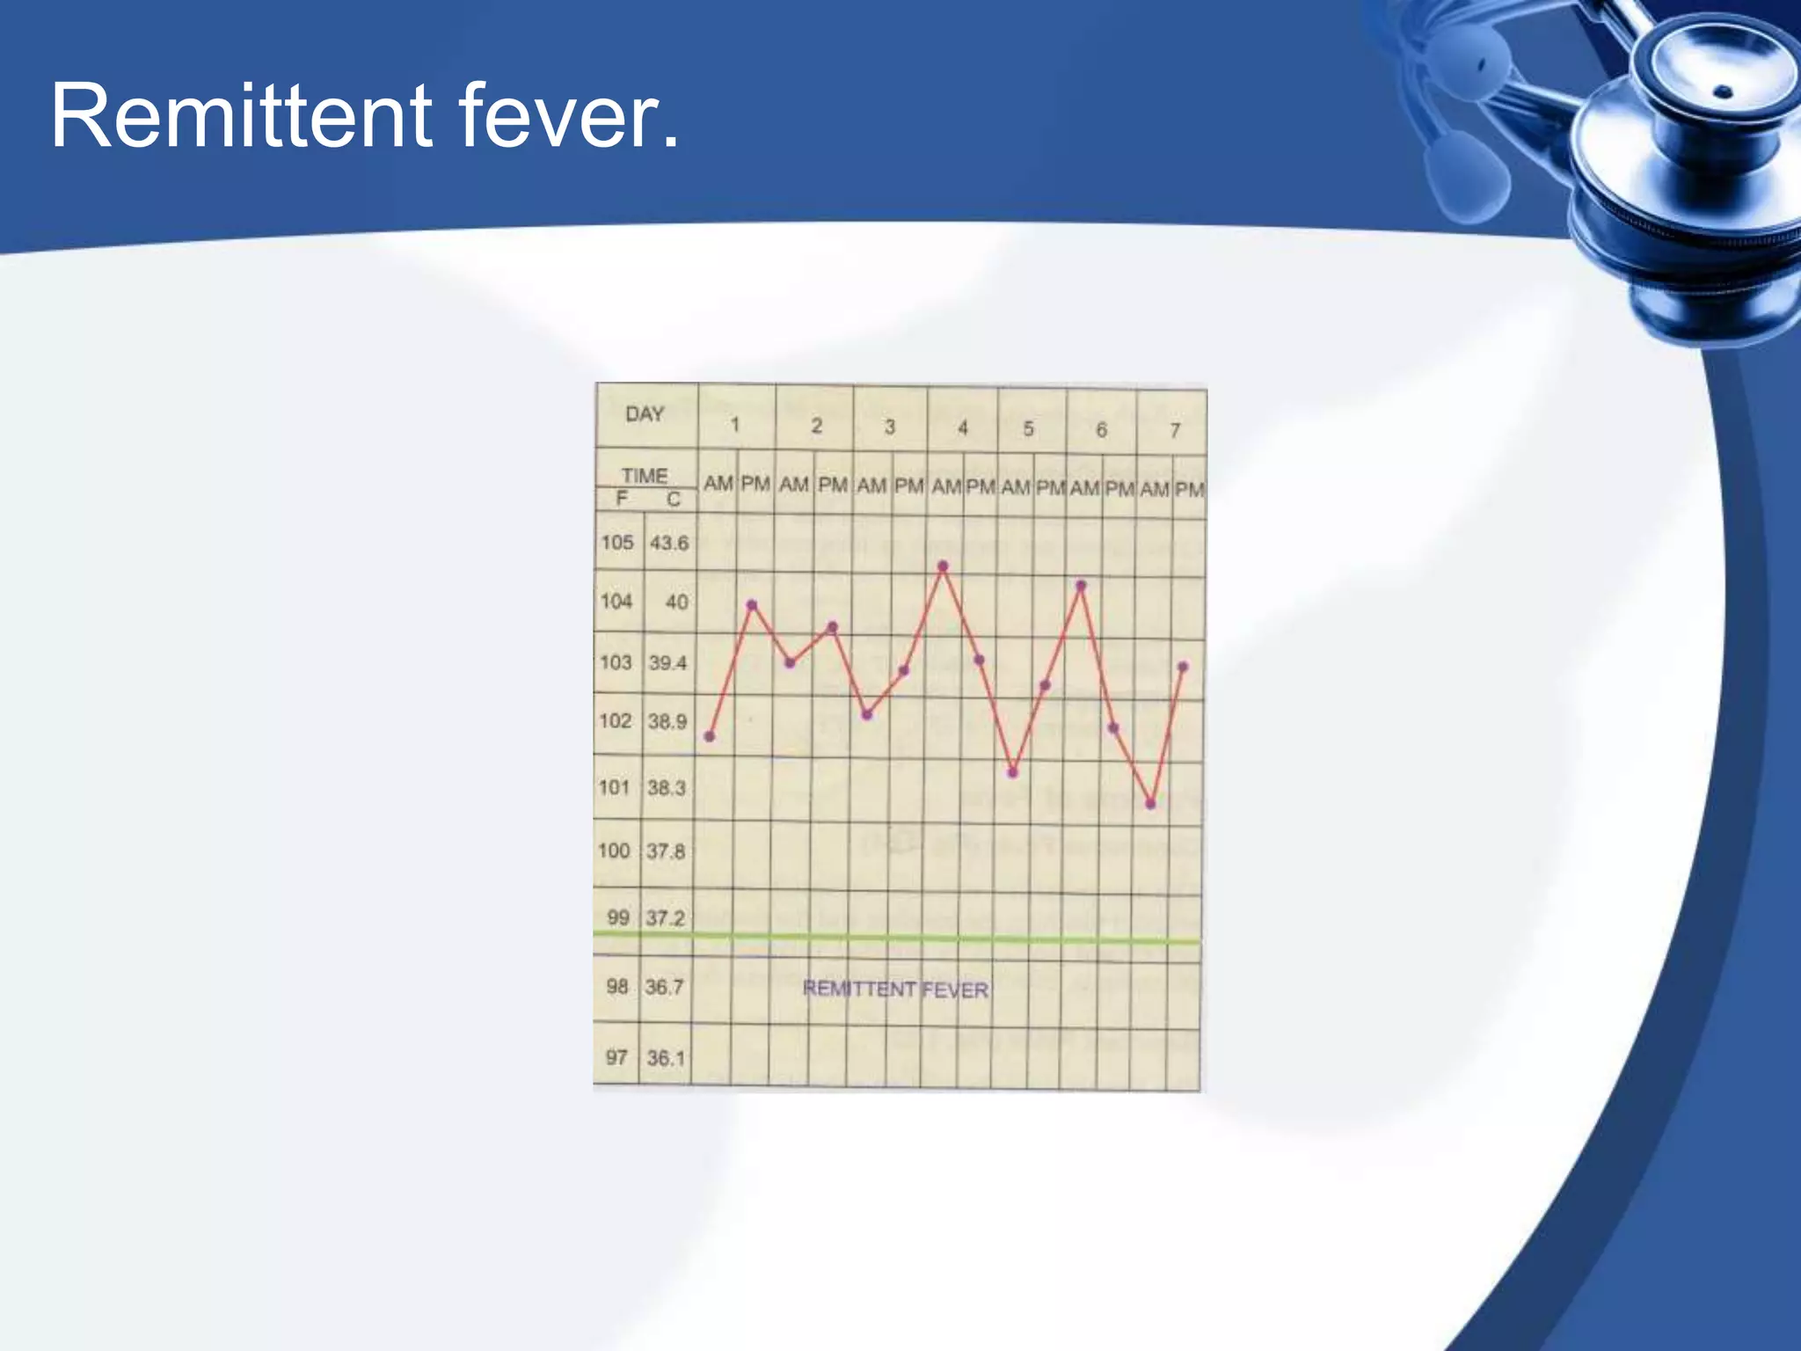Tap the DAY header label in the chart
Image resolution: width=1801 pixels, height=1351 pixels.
(x=645, y=414)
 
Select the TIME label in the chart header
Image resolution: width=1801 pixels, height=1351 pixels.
(x=645, y=476)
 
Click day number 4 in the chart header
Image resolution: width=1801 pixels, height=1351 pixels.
(x=963, y=427)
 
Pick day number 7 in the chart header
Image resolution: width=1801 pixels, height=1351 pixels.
(x=1175, y=430)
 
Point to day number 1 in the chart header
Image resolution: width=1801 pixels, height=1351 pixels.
(x=735, y=426)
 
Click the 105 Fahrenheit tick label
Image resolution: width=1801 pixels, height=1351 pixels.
(x=616, y=543)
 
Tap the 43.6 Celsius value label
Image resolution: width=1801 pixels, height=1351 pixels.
(x=669, y=544)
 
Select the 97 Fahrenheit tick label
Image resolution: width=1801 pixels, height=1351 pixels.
(x=616, y=1057)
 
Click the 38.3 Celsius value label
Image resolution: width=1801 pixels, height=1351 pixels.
(x=667, y=788)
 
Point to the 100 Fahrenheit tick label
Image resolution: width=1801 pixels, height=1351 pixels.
(x=614, y=851)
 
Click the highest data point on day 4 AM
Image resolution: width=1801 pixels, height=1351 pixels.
(x=943, y=566)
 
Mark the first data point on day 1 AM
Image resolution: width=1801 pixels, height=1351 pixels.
(x=710, y=736)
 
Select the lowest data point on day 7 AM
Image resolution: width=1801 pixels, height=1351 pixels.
(x=1150, y=804)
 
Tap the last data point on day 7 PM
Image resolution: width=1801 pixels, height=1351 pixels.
(x=1183, y=667)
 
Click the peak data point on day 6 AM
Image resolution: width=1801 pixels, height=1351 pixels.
(x=1081, y=585)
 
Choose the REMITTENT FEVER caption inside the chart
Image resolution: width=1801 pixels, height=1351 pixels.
(x=895, y=990)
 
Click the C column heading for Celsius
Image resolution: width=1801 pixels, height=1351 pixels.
(x=673, y=500)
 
